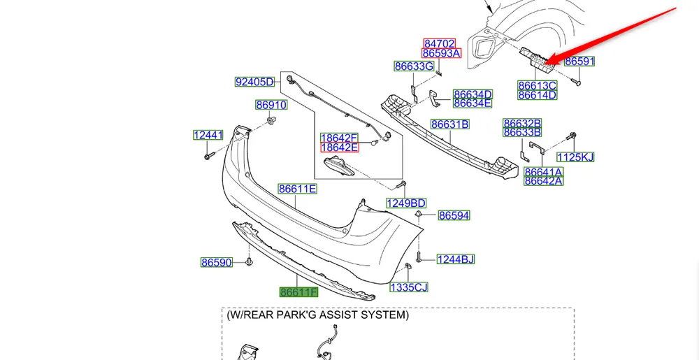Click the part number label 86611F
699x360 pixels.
click(298, 292)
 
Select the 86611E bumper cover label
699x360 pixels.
click(298, 189)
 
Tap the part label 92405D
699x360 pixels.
click(254, 82)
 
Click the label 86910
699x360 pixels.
click(271, 106)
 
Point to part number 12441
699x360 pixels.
click(208, 135)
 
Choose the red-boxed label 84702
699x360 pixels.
click(440, 43)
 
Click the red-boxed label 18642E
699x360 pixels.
click(339, 147)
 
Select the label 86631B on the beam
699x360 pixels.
click(449, 124)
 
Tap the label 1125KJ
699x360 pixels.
click(575, 157)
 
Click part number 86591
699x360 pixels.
click(579, 62)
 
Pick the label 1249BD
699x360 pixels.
click(406, 203)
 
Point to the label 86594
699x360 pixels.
click(454, 216)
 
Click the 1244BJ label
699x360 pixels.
click(455, 259)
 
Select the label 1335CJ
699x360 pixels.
click(409, 287)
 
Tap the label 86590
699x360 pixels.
click(216, 263)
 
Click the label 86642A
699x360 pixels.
click(544, 181)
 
